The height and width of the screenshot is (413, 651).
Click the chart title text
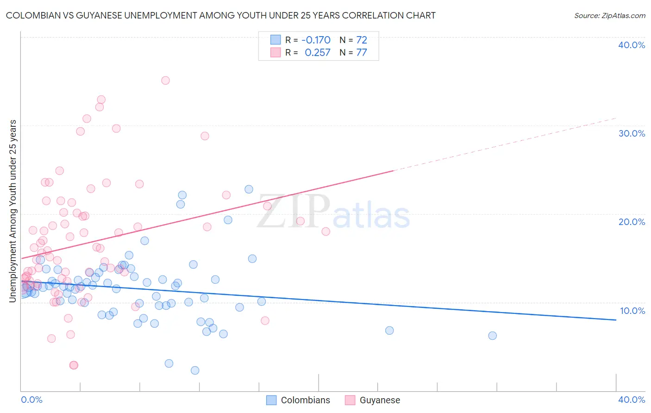(220, 15)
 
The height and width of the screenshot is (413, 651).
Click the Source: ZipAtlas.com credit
(609, 15)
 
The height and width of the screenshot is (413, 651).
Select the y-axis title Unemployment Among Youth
(13, 211)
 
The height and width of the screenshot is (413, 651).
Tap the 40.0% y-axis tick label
(632, 45)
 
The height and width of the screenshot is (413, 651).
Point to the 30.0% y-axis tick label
(632, 133)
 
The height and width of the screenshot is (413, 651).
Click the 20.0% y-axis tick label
(632, 222)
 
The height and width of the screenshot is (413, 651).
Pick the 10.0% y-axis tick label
(632, 311)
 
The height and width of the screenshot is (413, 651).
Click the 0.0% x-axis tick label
(32, 400)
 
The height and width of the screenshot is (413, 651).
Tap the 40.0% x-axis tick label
(632, 400)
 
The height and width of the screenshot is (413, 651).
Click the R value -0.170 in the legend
(316, 40)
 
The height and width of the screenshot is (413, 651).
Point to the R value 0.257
(318, 52)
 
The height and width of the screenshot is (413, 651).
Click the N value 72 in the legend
(362, 40)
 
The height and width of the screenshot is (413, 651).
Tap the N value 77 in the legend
(362, 52)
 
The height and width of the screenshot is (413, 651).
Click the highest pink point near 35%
(165, 81)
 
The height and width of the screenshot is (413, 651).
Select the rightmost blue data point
(492, 336)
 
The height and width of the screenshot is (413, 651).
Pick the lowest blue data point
(195, 370)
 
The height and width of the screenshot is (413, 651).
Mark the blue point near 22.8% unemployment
(249, 189)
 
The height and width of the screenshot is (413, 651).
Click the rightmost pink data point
(325, 232)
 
